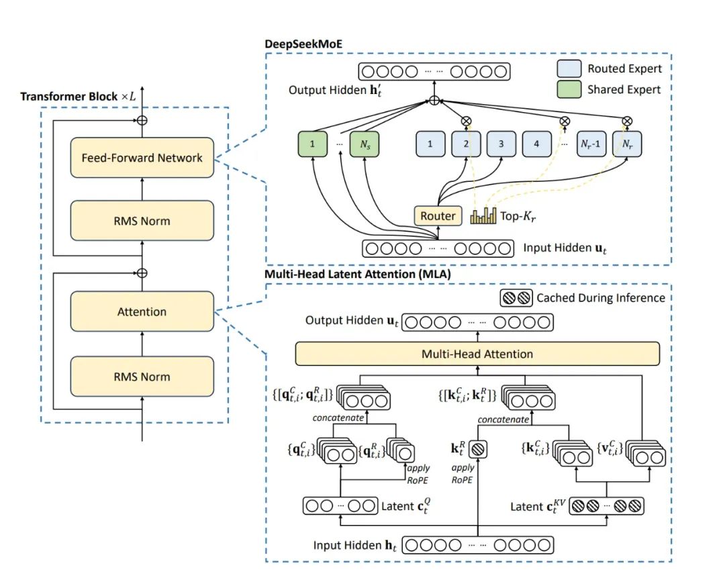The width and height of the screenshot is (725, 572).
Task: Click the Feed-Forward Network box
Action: pyautogui.click(x=142, y=158)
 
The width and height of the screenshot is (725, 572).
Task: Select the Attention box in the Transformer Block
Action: pyautogui.click(x=142, y=312)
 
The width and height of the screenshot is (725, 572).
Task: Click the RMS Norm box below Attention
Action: pyautogui.click(x=142, y=377)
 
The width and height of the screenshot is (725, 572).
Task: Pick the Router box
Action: pyautogui.click(x=438, y=216)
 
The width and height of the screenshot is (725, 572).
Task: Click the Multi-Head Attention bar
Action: pyautogui.click(x=477, y=354)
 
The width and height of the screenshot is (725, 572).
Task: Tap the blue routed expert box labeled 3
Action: pyautogui.click(x=501, y=143)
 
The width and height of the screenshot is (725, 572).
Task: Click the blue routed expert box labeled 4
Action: pyautogui.click(x=535, y=143)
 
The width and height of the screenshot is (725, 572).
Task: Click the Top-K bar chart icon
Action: pyautogui.click(x=483, y=216)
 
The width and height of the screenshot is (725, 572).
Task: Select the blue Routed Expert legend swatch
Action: pyautogui.click(x=569, y=69)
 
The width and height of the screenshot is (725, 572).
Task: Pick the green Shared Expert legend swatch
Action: pyautogui.click(x=569, y=89)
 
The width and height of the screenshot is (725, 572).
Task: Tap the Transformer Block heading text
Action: pyautogui.click(x=78, y=96)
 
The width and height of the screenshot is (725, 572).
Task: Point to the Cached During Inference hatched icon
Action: pyautogui.click(x=518, y=297)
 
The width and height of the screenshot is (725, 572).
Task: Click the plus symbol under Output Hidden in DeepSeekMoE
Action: pyautogui.click(x=435, y=101)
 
